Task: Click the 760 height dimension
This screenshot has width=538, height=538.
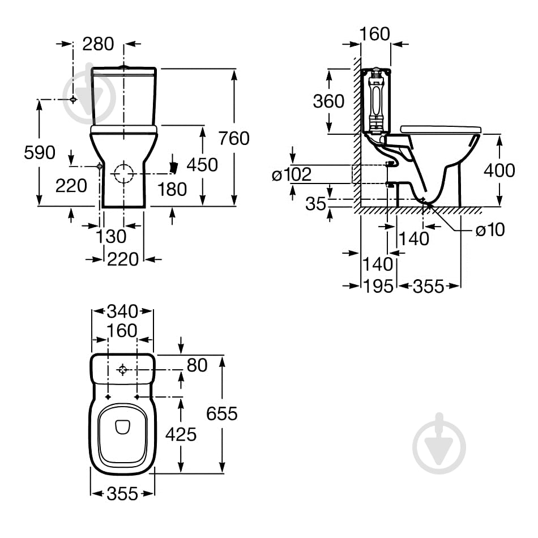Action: (234, 138)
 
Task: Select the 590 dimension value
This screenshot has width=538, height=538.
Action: (40, 152)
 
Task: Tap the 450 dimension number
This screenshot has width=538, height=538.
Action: (202, 165)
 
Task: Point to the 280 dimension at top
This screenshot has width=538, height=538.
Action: (98, 44)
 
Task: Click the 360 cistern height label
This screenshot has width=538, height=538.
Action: (328, 101)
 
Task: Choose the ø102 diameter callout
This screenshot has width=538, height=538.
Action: (292, 174)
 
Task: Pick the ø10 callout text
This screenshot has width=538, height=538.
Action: (490, 229)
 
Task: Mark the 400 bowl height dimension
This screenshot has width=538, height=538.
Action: (499, 170)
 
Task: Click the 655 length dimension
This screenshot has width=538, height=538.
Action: (221, 413)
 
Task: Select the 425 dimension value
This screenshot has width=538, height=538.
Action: (181, 434)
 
